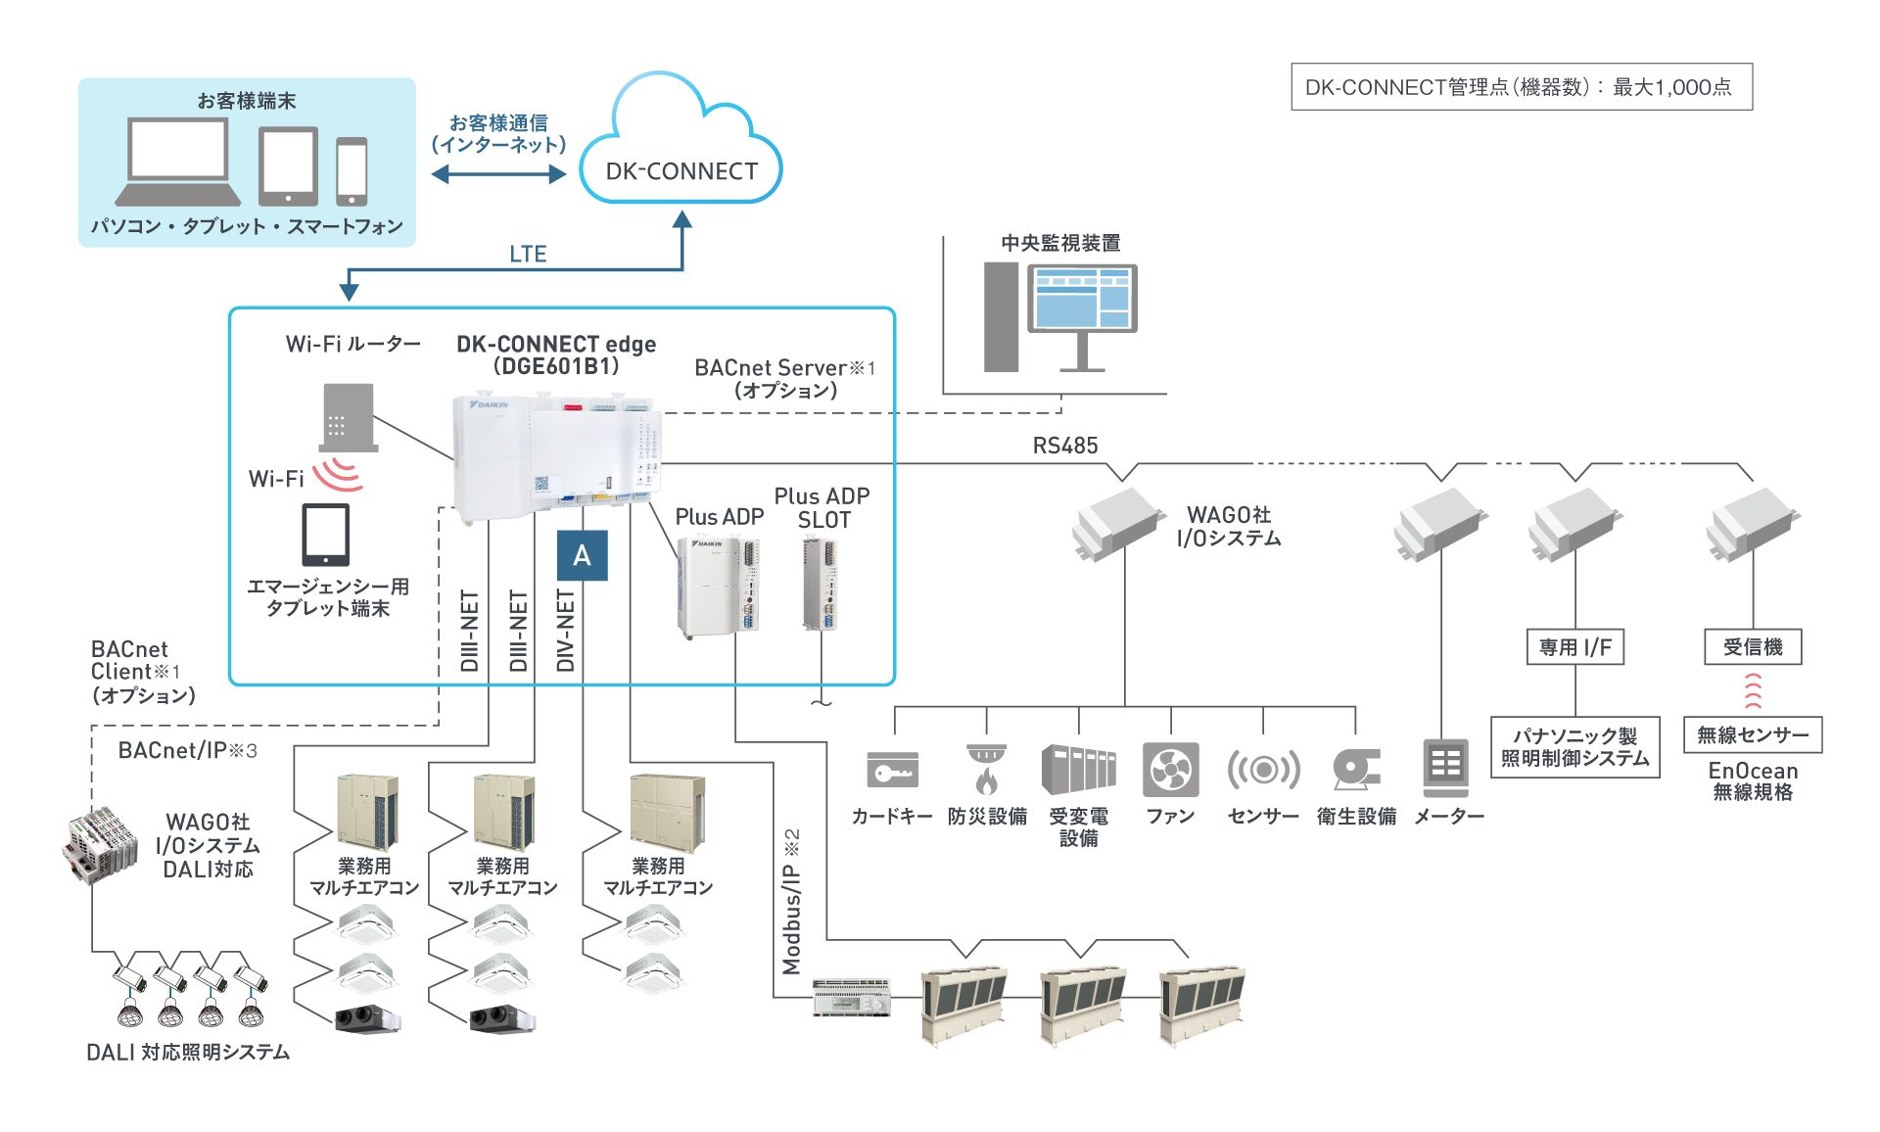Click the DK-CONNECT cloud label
click(x=681, y=171)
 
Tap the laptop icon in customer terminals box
click(x=179, y=162)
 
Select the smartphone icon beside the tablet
click(x=352, y=170)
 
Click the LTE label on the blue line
click(x=528, y=254)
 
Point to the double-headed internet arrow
click(x=498, y=174)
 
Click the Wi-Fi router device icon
click(x=349, y=416)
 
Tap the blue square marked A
click(x=582, y=555)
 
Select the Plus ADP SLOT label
click(x=822, y=507)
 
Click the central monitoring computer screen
click(x=1082, y=298)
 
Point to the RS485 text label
click(x=1065, y=446)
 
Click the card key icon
click(x=892, y=770)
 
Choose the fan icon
click(x=1170, y=770)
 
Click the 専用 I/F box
click(x=1574, y=647)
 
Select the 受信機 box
click(x=1752, y=647)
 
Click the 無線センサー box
click(x=1752, y=734)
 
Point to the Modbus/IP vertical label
click(x=791, y=901)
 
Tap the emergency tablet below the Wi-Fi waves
click(x=325, y=535)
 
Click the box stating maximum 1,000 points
click(x=1521, y=87)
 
